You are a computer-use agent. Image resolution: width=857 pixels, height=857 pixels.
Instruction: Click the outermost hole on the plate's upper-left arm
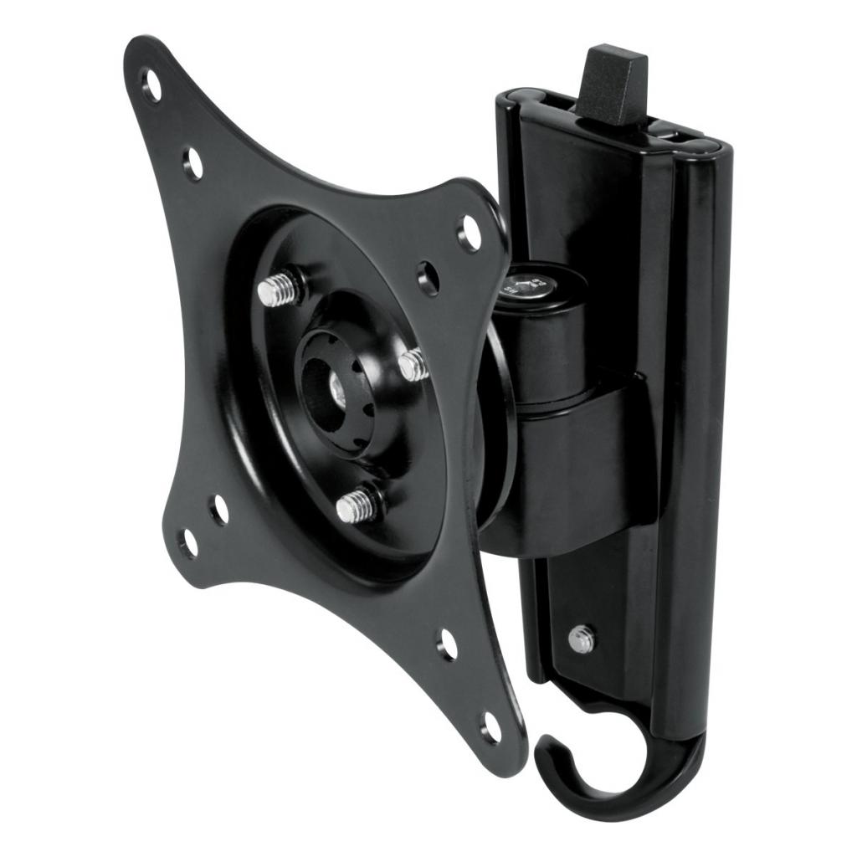[x=151, y=85]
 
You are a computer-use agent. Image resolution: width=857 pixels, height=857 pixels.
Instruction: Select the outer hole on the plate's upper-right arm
[x=470, y=233]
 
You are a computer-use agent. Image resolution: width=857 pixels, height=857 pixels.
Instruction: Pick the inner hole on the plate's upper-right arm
[x=428, y=277]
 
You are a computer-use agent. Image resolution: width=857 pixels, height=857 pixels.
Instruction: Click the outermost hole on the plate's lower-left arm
[x=189, y=542]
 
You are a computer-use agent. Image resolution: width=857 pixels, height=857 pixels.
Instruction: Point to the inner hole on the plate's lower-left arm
[x=219, y=508]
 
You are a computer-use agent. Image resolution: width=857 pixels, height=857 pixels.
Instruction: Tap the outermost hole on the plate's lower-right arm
[x=491, y=726]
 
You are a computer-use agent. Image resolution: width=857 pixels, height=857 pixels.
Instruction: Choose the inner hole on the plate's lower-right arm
[x=449, y=644]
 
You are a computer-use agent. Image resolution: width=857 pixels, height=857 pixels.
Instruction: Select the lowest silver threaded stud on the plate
[x=354, y=506]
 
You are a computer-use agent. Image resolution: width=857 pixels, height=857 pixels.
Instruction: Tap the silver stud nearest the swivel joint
[x=413, y=366]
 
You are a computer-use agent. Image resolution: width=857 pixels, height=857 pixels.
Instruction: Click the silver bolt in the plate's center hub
[x=337, y=388]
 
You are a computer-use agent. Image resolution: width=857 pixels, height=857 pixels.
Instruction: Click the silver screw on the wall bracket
[x=581, y=639]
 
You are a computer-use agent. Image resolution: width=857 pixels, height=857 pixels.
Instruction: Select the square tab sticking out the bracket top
[x=615, y=84]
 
